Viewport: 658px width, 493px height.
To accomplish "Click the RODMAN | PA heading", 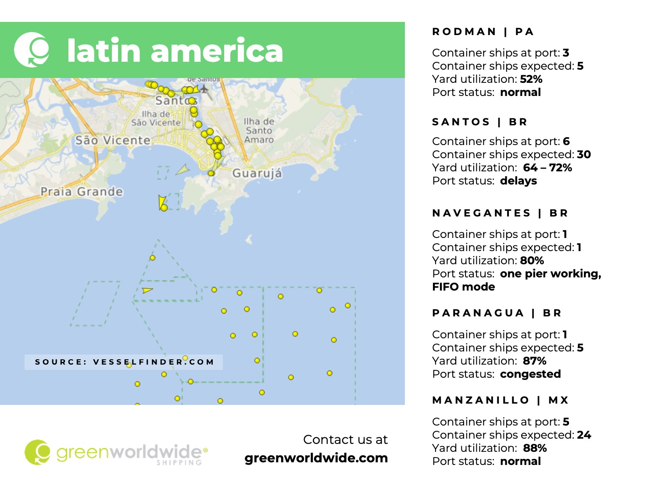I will pos(483,32).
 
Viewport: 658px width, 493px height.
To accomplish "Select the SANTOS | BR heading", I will pos(479,122).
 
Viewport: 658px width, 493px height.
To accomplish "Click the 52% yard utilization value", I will pos(531,79).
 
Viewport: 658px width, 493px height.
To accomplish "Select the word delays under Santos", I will pos(519,181).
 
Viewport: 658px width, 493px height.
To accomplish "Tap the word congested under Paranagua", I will pos(530,374).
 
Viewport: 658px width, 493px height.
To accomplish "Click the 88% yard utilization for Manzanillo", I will pos(535,448).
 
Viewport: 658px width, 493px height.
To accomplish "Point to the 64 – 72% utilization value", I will pos(547,168).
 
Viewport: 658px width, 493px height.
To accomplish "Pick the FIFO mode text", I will pos(464,287).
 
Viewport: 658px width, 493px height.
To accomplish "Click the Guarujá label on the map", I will pos(257,173).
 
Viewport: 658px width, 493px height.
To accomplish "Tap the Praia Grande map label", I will pos(82,192).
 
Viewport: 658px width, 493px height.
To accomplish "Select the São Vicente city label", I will pos(113,140).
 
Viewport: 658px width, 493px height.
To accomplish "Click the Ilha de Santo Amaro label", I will pos(259,131).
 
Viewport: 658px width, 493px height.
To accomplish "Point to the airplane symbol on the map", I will pos(204,89).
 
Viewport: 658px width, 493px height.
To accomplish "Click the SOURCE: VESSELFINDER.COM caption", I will pos(124,362).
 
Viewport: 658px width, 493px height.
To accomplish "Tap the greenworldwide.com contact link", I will pos(316,458).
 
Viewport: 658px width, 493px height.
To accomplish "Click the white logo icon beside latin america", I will pos(32,50).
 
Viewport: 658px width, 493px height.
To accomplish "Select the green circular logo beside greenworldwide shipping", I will pos(37,452).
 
